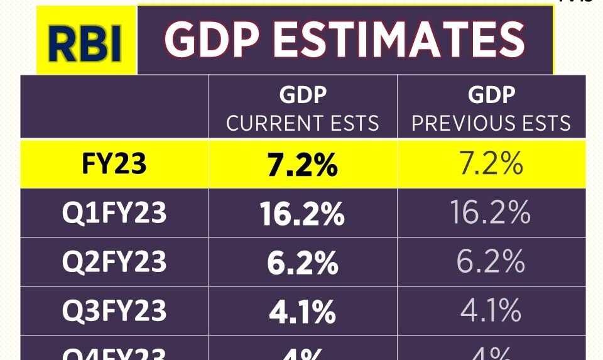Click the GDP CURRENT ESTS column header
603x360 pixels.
point(303,109)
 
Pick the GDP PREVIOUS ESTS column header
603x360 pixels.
point(491,109)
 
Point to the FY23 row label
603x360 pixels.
point(114,163)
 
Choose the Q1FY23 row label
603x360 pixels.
point(114,213)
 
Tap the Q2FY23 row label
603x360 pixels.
point(114,261)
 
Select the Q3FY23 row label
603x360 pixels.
point(114,310)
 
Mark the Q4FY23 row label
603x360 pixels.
point(114,353)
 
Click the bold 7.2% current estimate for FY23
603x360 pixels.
point(303,165)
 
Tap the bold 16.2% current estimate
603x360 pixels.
point(303,214)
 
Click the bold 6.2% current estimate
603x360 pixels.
point(303,263)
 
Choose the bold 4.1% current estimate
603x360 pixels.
point(303,311)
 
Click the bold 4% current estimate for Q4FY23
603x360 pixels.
point(303,354)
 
